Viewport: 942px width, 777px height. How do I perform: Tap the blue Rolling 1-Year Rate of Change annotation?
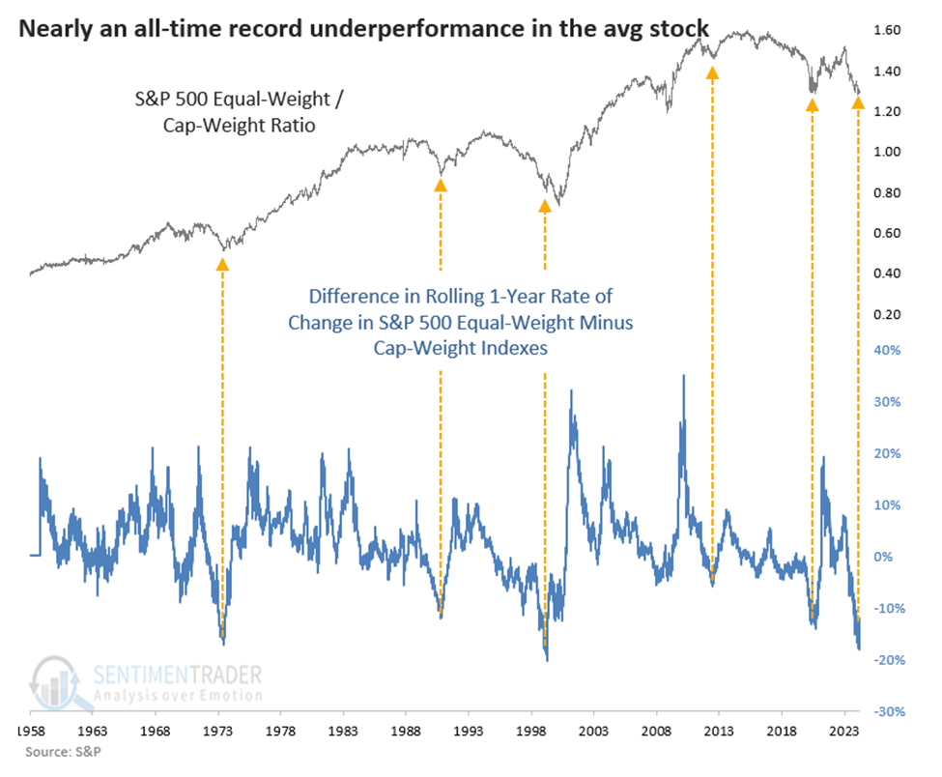[x=460, y=322]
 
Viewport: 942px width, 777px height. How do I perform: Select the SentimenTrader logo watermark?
[x=145, y=681]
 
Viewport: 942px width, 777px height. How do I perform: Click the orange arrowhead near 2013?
[x=713, y=72]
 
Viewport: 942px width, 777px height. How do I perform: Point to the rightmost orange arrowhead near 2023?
[x=858, y=101]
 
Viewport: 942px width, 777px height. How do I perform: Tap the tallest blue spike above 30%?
[x=684, y=376]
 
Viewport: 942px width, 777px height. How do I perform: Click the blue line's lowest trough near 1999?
[x=547, y=660]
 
